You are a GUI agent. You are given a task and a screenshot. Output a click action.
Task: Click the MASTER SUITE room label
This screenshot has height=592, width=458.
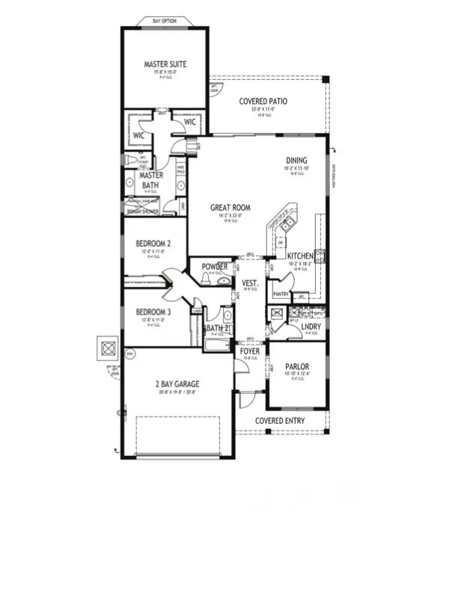pyautogui.click(x=165, y=64)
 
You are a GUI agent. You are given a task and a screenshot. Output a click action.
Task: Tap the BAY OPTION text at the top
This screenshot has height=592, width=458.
pyautogui.click(x=164, y=21)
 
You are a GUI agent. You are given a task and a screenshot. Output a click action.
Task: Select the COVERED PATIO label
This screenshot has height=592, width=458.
pyautogui.click(x=263, y=102)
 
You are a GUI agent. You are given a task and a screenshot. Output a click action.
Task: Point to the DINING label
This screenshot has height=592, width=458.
pyautogui.click(x=296, y=160)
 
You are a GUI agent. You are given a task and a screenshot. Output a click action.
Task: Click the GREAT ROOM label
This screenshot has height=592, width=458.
pyautogui.click(x=229, y=208)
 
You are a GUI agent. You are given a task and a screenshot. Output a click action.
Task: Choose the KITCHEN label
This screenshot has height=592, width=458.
pyautogui.click(x=301, y=256)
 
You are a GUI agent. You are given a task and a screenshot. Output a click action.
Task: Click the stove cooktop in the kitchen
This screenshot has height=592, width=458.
pyautogui.click(x=320, y=256)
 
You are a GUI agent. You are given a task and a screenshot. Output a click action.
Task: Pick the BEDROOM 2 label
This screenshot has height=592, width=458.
pyautogui.click(x=154, y=244)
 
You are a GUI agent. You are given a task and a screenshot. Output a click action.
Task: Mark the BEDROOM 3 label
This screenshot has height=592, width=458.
pyautogui.click(x=154, y=312)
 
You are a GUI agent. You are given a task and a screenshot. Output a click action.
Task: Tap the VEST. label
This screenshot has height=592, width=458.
pyautogui.click(x=250, y=283)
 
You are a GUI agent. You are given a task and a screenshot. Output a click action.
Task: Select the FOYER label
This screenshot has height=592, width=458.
pyautogui.click(x=249, y=351)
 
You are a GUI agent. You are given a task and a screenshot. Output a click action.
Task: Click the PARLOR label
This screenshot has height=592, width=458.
pyautogui.click(x=297, y=366)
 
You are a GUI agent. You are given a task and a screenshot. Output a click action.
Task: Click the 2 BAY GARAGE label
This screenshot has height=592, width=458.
pyautogui.click(x=177, y=384)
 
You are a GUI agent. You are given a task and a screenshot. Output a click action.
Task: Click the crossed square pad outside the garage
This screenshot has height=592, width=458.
pyautogui.click(x=108, y=348)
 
